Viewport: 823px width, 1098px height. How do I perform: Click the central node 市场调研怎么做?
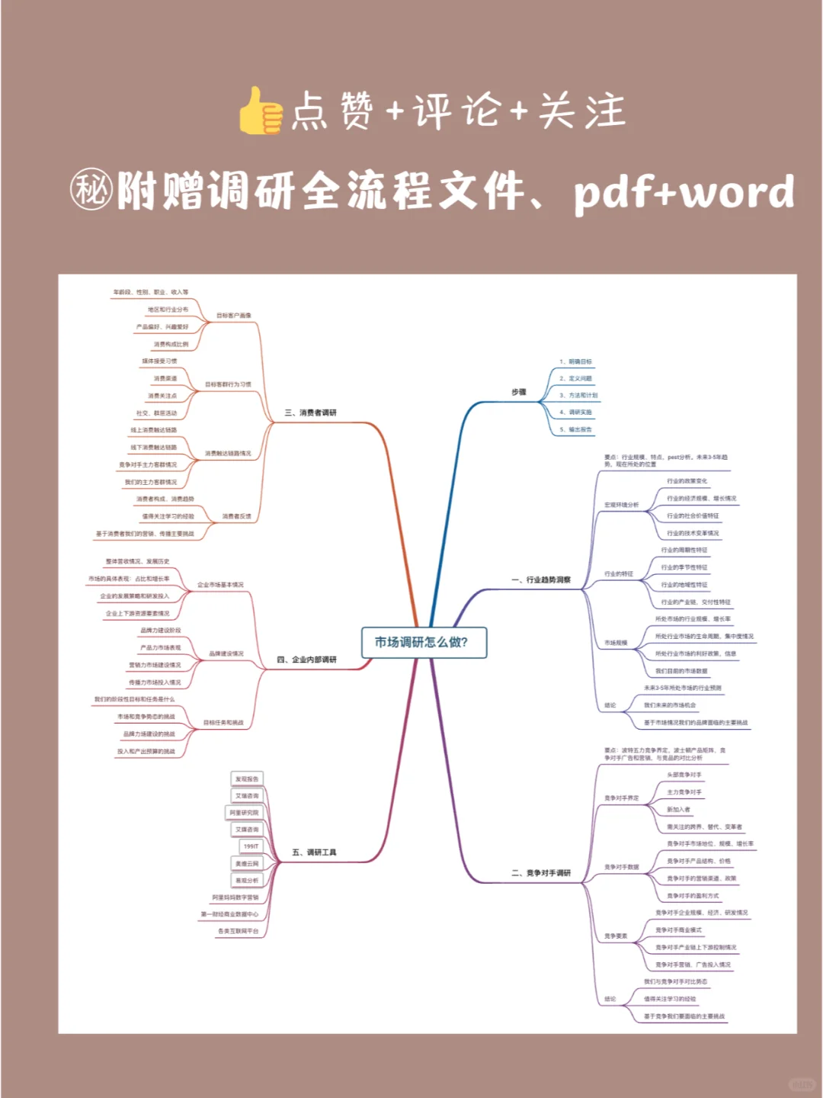click(422, 642)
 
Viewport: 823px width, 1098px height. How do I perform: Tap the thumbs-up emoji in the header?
click(261, 111)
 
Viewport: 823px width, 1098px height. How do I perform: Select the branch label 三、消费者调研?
click(310, 413)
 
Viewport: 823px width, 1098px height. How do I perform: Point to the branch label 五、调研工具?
click(314, 852)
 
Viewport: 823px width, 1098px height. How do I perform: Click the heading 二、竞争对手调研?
click(541, 872)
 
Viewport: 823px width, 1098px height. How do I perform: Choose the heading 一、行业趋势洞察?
click(541, 579)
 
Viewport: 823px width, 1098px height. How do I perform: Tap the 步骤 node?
click(519, 392)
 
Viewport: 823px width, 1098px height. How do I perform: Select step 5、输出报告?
click(576, 429)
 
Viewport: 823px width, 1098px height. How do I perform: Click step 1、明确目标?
click(575, 361)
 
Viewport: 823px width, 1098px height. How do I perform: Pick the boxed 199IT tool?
click(251, 846)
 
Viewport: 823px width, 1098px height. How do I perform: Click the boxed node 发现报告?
click(247, 779)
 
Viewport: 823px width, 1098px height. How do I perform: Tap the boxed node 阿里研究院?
click(244, 813)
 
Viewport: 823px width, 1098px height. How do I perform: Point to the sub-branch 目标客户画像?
click(234, 315)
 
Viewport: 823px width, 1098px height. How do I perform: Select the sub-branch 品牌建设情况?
click(226, 653)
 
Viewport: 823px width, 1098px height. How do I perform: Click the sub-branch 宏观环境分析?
click(622, 505)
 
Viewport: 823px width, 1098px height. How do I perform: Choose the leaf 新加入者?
click(678, 809)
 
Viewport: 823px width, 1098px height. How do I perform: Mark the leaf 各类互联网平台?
click(239, 931)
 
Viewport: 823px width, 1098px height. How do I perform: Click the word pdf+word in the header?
click(684, 192)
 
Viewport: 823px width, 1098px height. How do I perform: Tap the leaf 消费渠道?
click(165, 378)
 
